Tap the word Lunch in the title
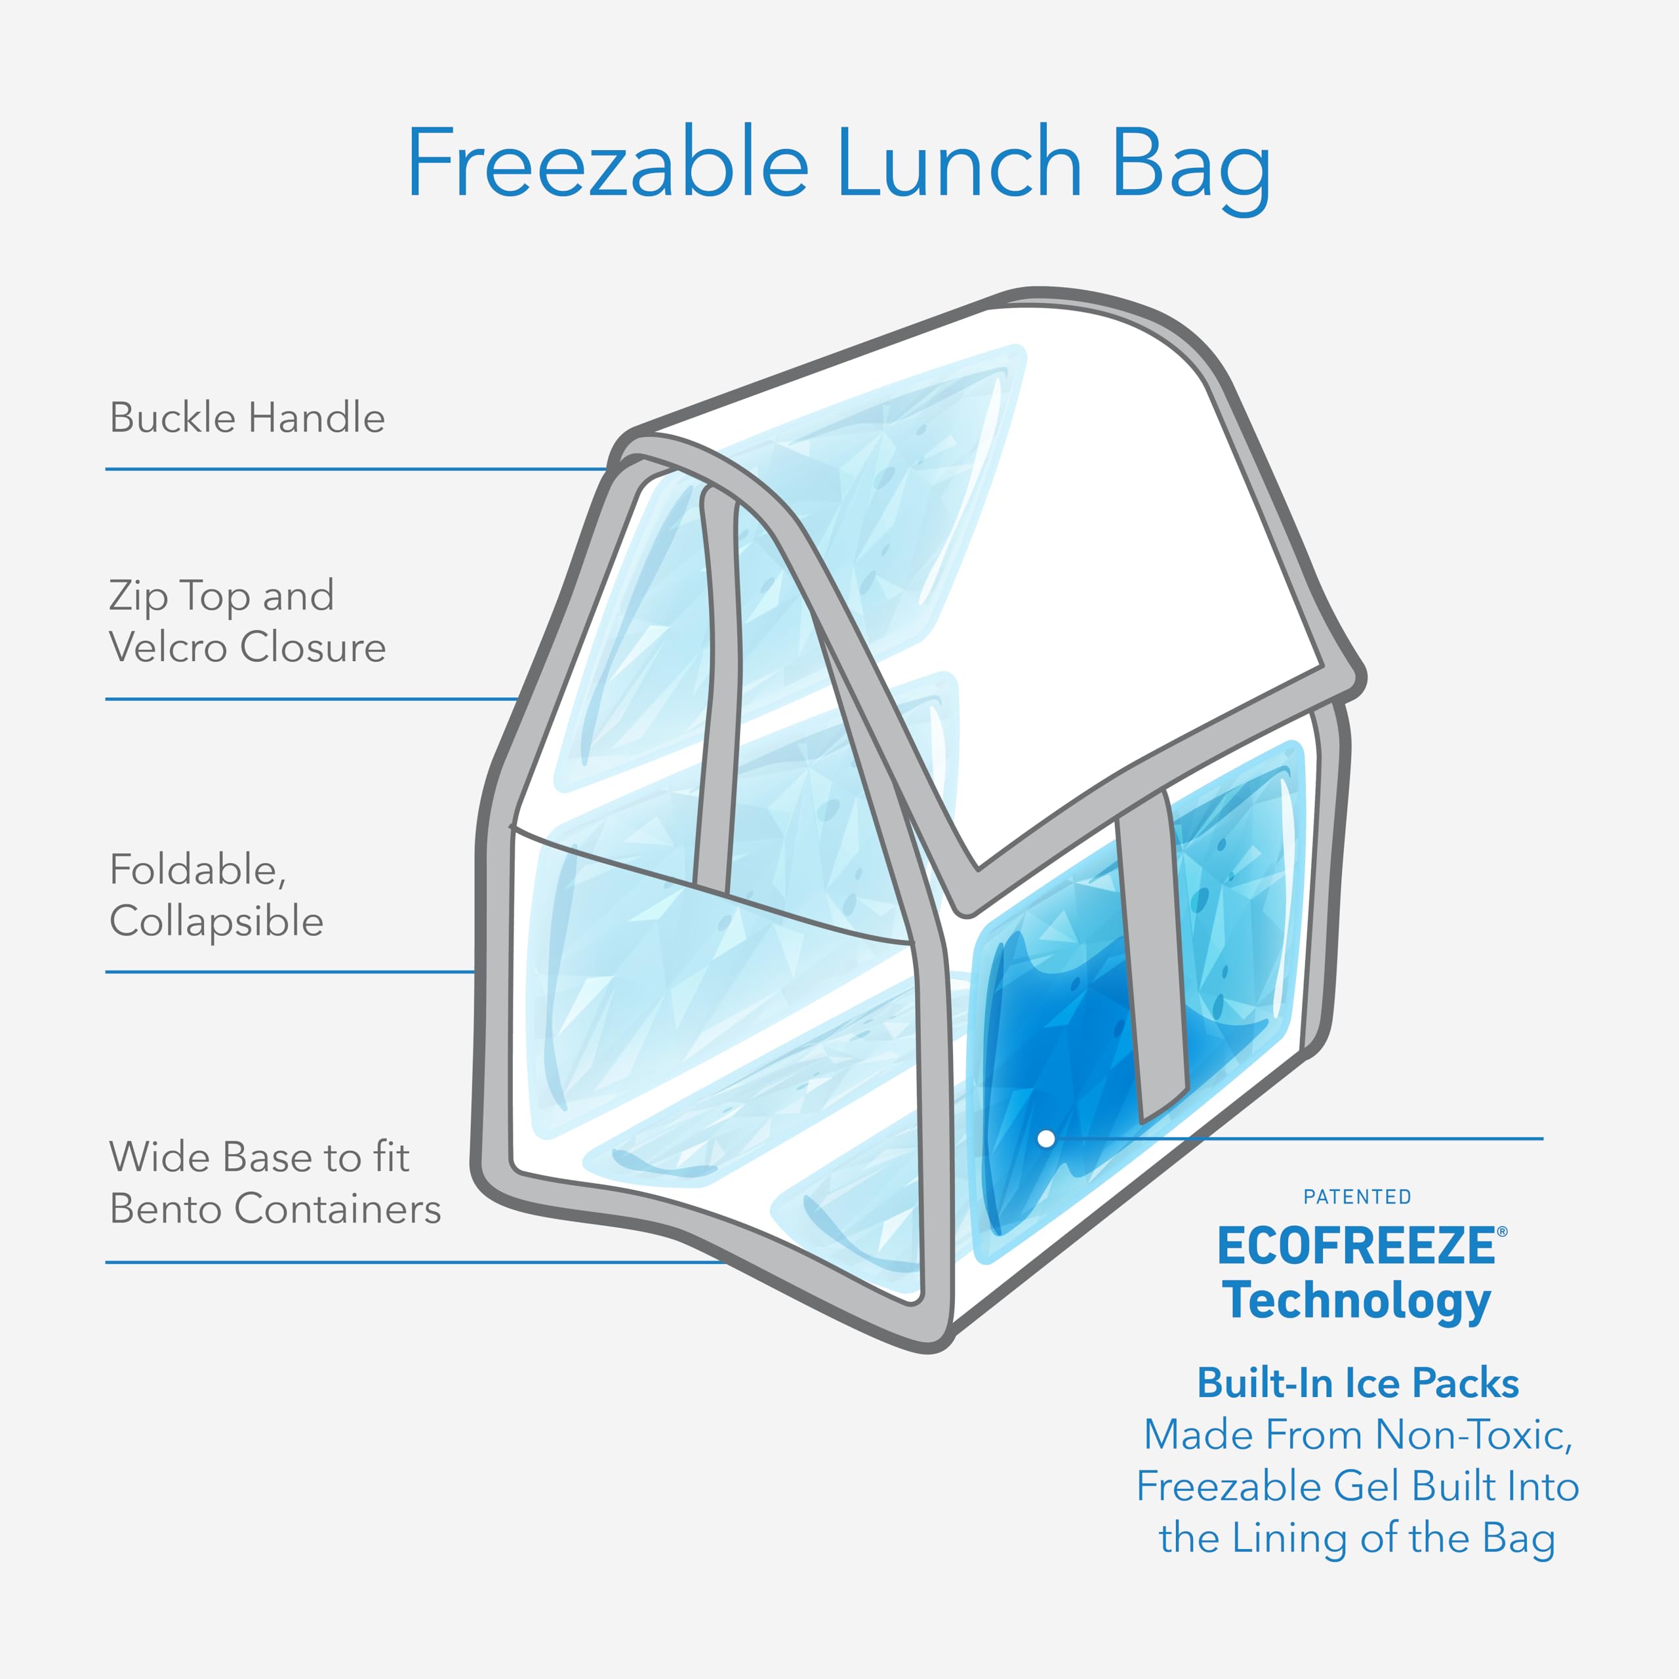pos(960,164)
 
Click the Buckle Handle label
pos(247,418)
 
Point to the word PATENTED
pos(1358,1198)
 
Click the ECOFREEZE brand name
pos(1356,1246)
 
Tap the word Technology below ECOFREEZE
pos(1358,1301)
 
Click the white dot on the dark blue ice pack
pos(1046,1139)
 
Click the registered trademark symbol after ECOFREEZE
pos(1503,1232)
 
